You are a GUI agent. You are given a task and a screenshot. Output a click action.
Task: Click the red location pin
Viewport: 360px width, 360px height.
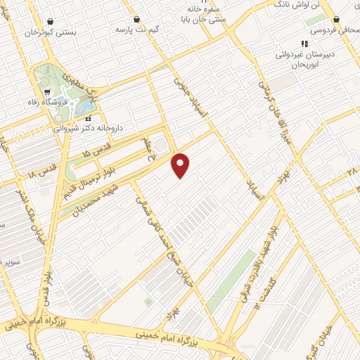(x=181, y=165)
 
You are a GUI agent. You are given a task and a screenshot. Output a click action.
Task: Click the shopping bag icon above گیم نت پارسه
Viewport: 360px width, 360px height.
(x=136, y=19)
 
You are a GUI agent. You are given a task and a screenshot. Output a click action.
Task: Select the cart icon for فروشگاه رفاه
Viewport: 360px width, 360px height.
(x=46, y=92)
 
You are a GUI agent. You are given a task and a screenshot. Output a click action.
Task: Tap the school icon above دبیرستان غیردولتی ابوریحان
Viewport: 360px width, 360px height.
(x=304, y=44)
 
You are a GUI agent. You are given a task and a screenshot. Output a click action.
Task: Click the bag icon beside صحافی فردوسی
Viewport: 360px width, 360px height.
(x=337, y=19)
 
